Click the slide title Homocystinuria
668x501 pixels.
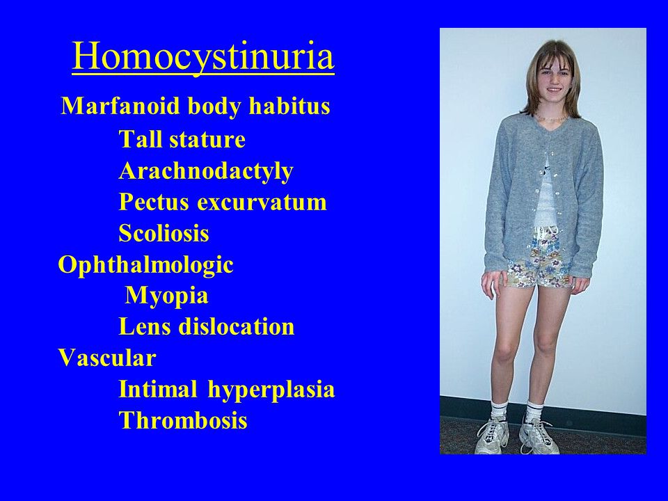point(202,56)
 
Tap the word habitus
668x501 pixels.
point(289,105)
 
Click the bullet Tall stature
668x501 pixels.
point(182,139)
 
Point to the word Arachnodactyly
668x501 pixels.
point(206,172)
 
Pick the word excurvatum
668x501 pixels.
point(262,202)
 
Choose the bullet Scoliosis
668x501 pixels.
point(164,233)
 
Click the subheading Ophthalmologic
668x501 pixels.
point(145,265)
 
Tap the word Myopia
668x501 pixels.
point(166,296)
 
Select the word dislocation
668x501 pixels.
point(237,326)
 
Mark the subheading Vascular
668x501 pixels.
point(107,358)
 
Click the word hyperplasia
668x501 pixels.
point(271,390)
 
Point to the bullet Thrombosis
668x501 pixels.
point(183,420)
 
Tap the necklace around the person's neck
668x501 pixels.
point(552,117)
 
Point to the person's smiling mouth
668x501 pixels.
point(555,90)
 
